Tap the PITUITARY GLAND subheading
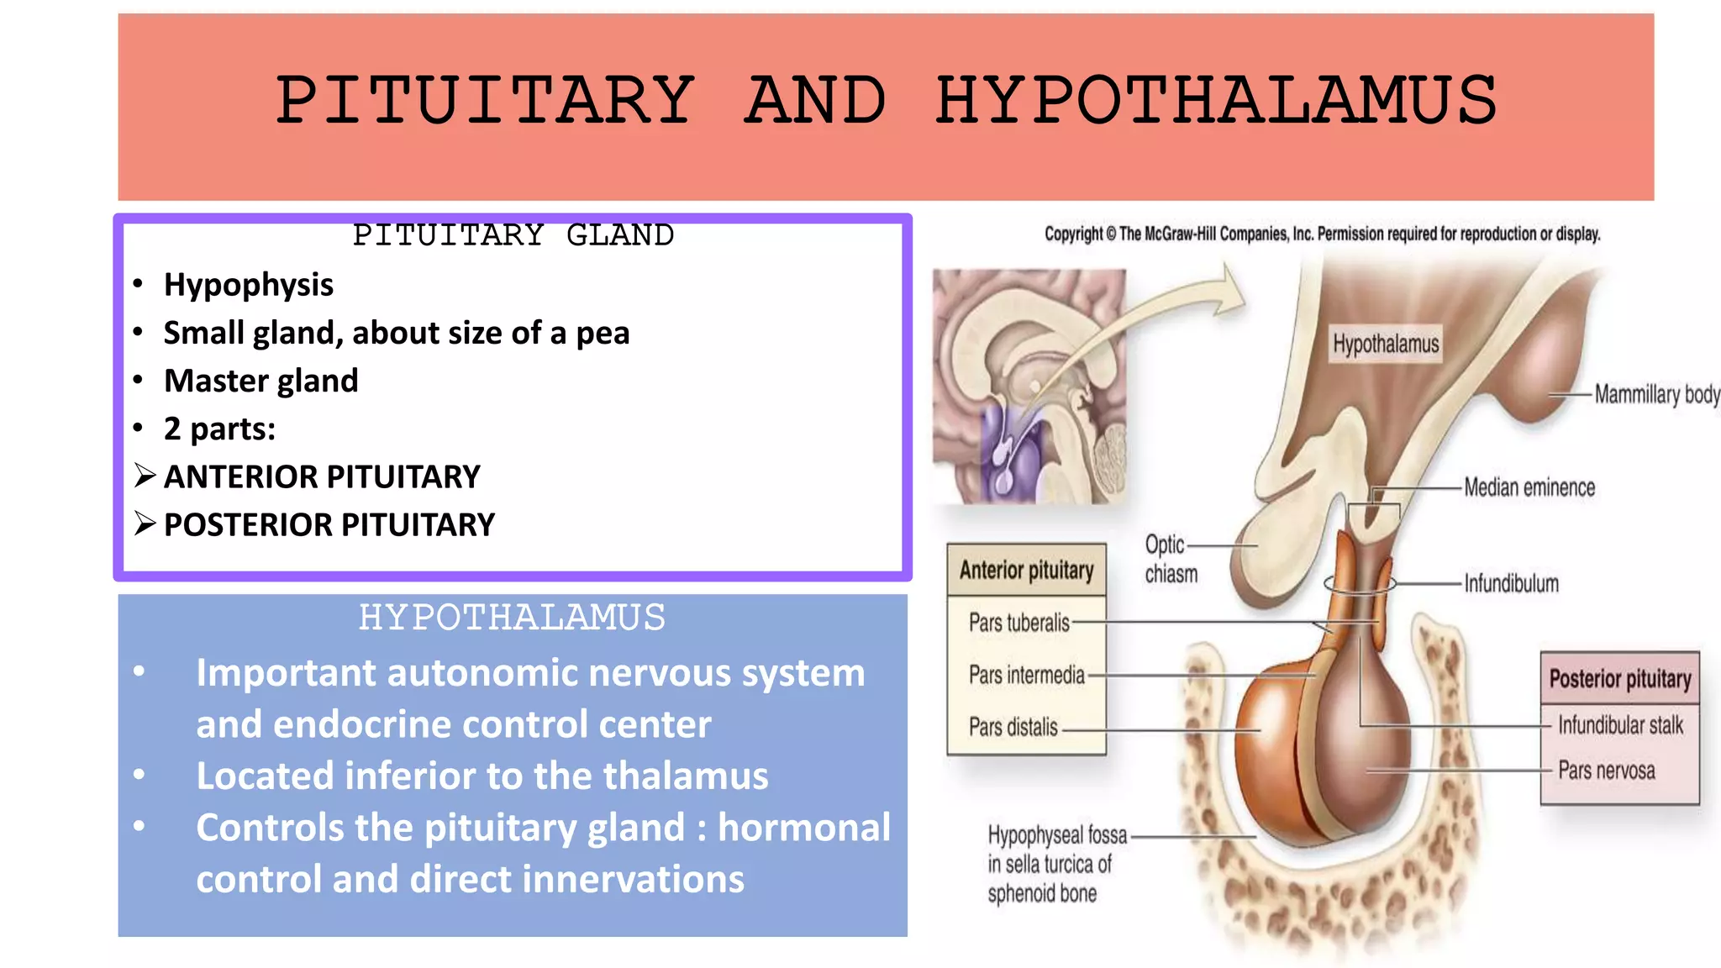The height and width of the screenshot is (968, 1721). click(513, 235)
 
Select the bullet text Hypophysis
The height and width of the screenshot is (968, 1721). click(248, 285)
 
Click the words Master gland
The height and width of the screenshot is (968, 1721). click(261, 381)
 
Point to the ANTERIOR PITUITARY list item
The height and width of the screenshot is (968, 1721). click(321, 476)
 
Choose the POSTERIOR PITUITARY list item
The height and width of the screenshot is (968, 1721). click(329, 524)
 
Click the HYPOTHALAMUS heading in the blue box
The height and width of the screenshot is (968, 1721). click(512, 618)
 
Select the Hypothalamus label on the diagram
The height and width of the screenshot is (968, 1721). click(1385, 344)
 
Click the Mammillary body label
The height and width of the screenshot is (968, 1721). click(1656, 394)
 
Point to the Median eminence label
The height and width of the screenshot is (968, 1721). click(1529, 487)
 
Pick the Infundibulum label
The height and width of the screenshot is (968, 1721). click(1511, 583)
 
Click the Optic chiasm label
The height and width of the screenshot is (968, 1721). click(1170, 559)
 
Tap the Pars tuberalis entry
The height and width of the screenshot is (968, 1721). click(1018, 623)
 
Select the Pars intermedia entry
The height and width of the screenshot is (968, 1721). click(1026, 675)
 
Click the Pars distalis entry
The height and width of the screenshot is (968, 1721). click(1013, 727)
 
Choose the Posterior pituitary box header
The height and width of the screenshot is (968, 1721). click(1619, 679)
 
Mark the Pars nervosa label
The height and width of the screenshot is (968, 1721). click(1606, 771)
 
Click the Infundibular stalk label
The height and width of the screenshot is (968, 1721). click(1619, 725)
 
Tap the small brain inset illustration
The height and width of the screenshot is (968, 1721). click(1029, 387)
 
